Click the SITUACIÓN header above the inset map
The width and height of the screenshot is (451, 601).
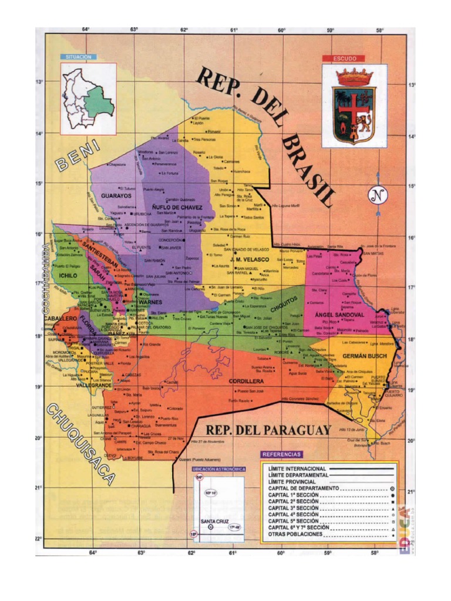(x=79, y=57)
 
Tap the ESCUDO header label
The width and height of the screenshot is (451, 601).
(x=344, y=58)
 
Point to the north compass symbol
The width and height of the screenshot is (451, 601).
(x=379, y=195)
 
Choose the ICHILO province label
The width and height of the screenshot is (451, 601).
(x=69, y=274)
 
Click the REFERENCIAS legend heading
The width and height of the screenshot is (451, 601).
(x=282, y=454)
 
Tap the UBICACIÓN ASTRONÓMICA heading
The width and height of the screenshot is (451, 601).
(x=217, y=468)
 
